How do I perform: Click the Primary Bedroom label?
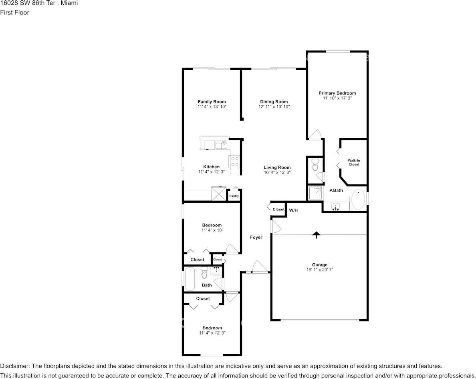click(337, 93)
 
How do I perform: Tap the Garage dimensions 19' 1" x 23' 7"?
click(320, 270)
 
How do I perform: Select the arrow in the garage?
click(317, 235)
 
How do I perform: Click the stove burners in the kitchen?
click(235, 161)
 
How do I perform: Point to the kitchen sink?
click(222, 145)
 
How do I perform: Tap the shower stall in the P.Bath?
click(316, 193)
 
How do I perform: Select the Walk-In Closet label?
click(354, 162)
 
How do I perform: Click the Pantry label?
click(234, 196)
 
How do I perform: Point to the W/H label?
click(293, 210)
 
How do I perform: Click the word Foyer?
click(256, 237)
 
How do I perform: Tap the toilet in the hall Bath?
click(204, 272)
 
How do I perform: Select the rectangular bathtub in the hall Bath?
click(190, 279)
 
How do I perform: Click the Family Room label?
click(212, 102)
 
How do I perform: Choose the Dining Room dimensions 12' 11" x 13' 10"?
click(274, 107)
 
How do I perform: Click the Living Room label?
click(277, 167)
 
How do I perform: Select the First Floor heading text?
click(14, 12)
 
